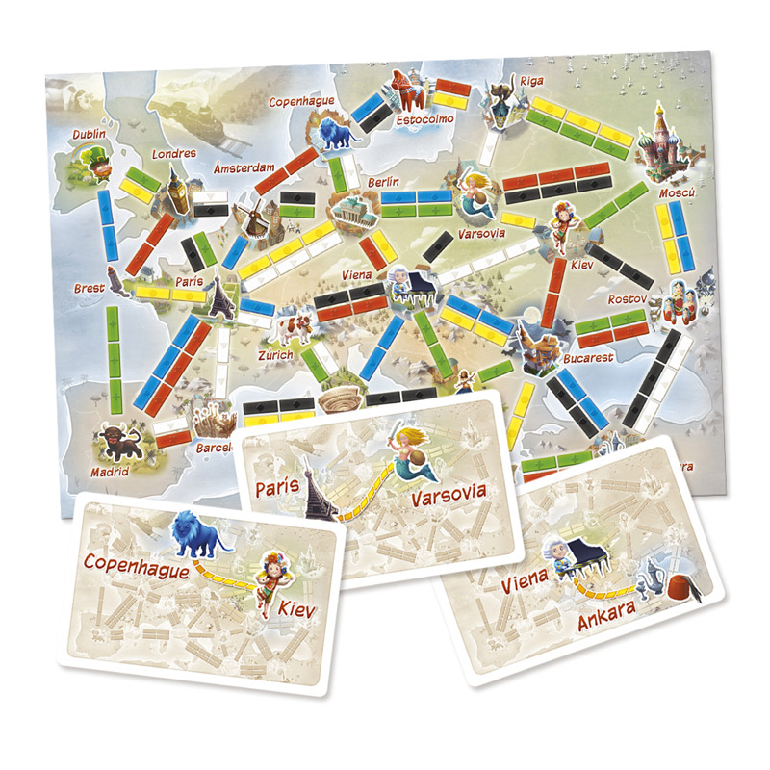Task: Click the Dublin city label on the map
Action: [89, 134]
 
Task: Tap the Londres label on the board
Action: [174, 153]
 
